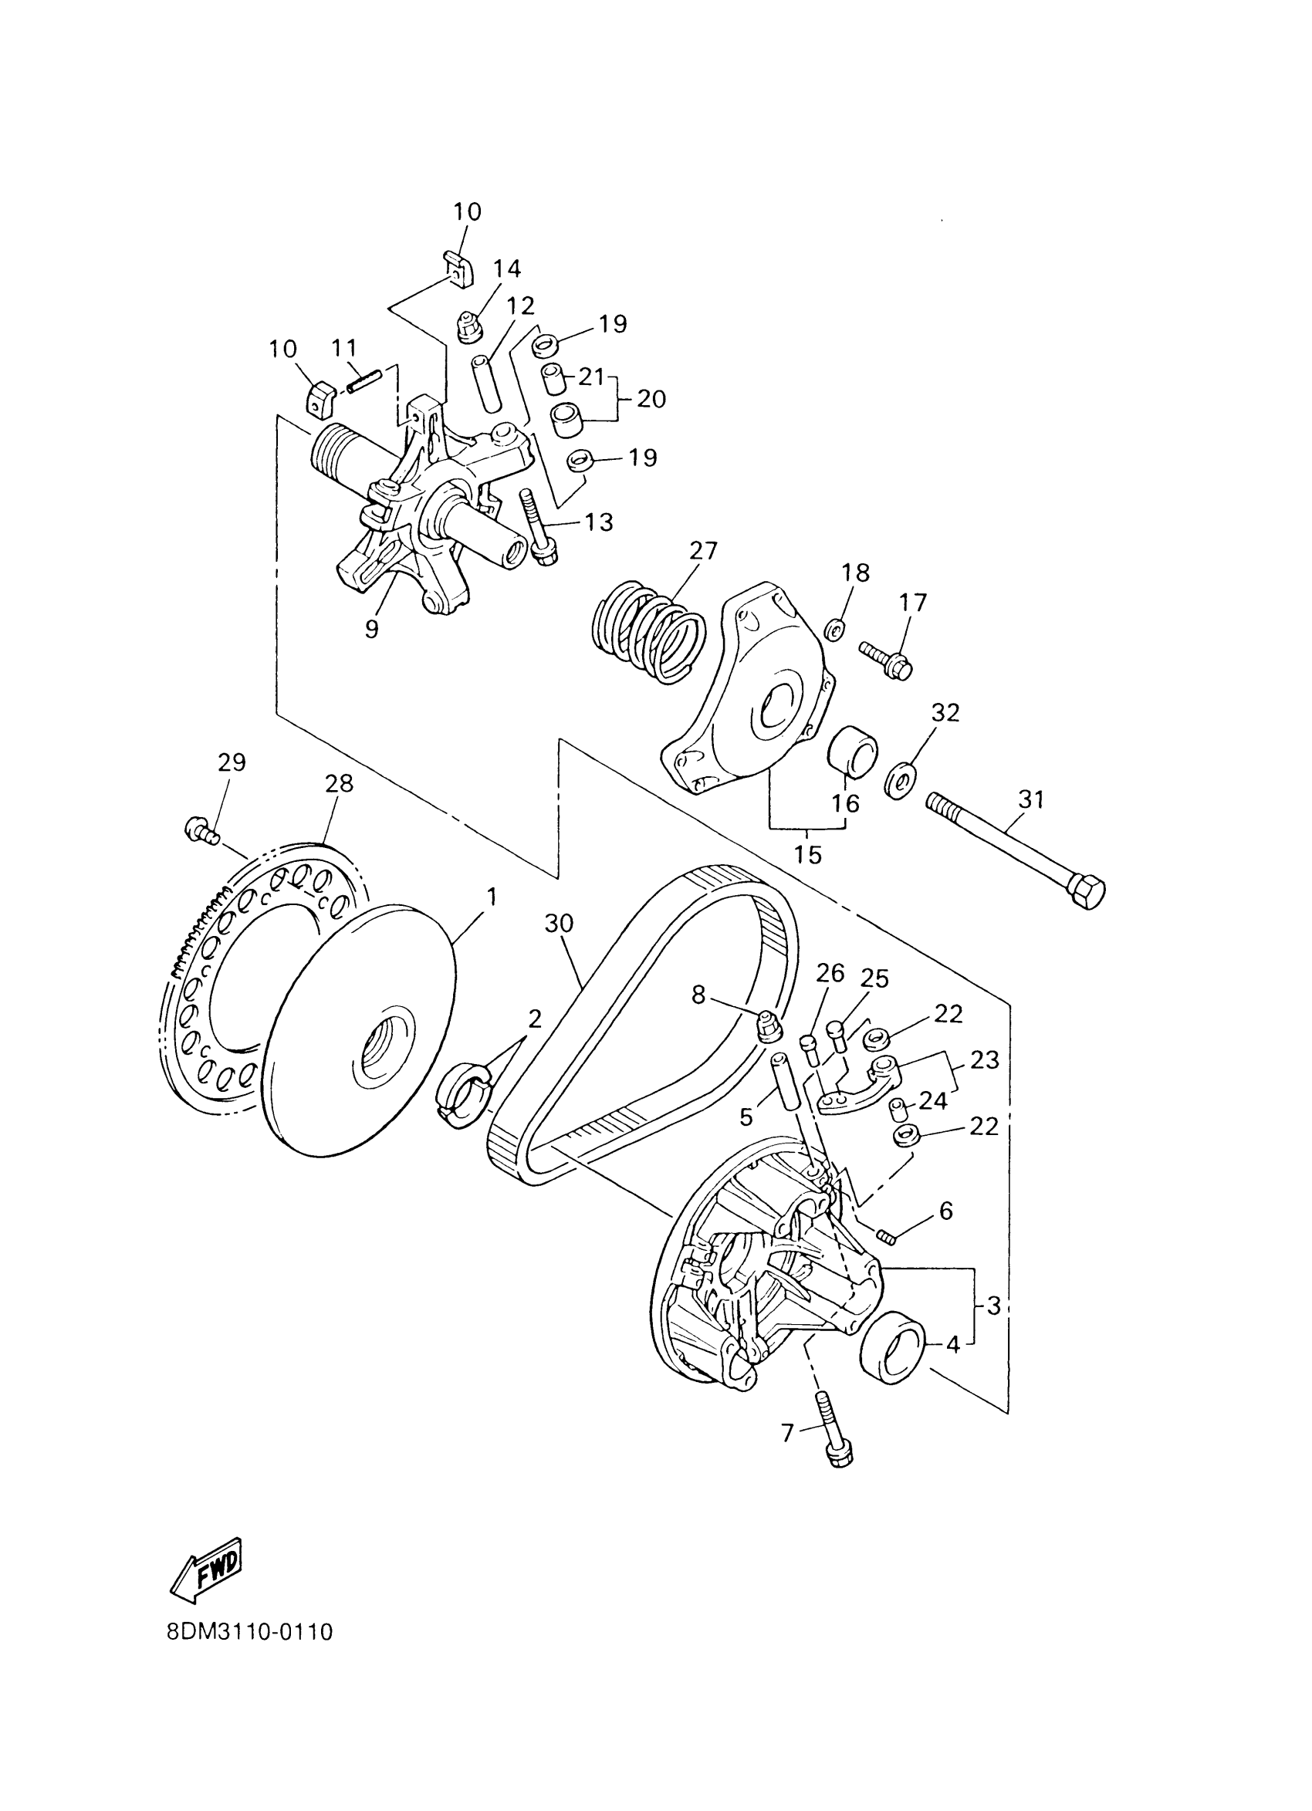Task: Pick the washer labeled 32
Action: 901,780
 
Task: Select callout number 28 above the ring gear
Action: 339,783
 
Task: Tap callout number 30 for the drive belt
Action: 559,923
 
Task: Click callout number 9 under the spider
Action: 371,629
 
